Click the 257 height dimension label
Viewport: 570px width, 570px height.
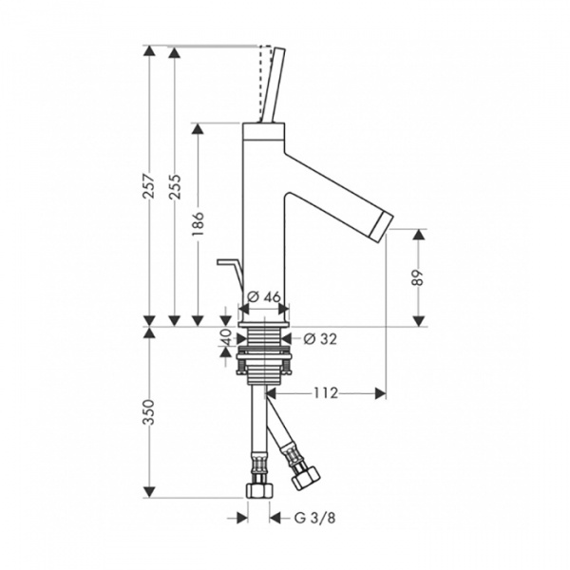coord(149,186)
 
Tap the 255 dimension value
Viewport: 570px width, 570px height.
coord(175,187)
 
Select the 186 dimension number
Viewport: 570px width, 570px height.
coord(199,223)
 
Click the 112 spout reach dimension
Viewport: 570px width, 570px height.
coord(325,393)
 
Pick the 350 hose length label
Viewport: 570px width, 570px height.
coord(149,412)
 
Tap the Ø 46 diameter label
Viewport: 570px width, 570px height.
coord(264,297)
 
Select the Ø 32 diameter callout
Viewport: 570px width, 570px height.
coord(320,339)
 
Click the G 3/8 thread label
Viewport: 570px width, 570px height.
coord(314,518)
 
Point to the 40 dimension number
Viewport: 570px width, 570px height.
coord(226,337)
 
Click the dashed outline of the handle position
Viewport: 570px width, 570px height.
coord(265,84)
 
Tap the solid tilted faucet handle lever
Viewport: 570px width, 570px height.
coord(274,85)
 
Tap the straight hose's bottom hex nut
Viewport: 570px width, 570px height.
coord(259,491)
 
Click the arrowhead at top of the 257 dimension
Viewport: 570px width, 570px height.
coord(149,51)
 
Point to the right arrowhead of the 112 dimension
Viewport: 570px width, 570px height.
coord(380,393)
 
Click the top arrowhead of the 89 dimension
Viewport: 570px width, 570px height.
coord(419,235)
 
